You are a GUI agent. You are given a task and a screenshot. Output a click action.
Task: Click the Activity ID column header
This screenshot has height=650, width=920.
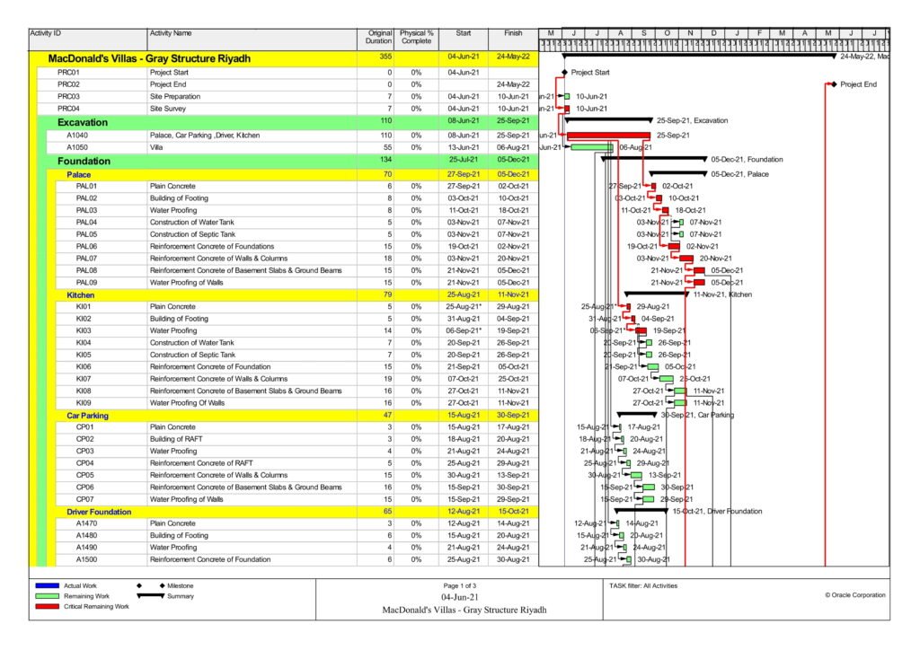(46, 33)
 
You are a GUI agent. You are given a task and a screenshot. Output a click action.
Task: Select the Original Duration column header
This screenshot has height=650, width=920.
(380, 38)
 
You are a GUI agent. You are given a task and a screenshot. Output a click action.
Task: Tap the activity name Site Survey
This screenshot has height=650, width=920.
(171, 109)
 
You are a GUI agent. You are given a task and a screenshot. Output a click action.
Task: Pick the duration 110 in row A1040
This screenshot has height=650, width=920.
(385, 135)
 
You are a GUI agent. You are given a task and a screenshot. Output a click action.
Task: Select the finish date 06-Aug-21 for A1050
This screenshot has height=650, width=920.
(513, 147)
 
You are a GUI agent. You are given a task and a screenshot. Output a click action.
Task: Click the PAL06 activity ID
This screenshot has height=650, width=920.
(86, 245)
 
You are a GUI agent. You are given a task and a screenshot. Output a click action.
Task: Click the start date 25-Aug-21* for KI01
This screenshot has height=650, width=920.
(464, 307)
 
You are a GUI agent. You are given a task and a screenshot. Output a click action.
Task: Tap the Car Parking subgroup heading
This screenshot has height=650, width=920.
(87, 416)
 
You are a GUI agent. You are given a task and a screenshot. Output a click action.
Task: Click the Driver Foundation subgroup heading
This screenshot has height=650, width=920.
(99, 512)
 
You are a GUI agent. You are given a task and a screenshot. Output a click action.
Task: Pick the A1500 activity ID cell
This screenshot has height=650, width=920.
(87, 559)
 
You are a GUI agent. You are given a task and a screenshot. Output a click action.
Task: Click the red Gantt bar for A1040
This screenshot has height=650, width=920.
(606, 135)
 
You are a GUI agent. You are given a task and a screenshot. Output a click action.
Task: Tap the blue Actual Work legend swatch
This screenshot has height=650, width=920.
(46, 586)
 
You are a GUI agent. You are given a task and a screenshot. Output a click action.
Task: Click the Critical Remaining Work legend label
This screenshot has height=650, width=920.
(96, 606)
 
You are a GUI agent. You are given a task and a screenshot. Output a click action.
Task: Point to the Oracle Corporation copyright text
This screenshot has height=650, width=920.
(854, 595)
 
